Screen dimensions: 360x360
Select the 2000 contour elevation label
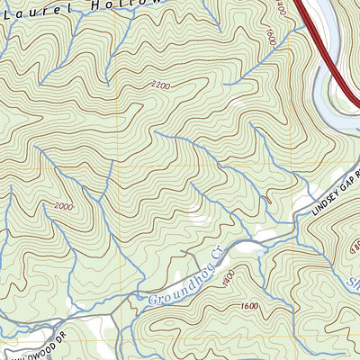click(x=63, y=207)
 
